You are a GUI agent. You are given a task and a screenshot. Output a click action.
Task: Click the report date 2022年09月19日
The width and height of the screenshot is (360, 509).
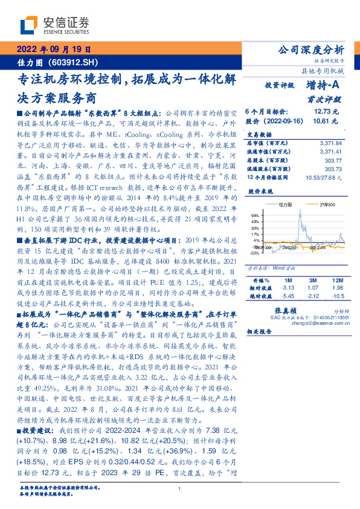[x=53, y=50]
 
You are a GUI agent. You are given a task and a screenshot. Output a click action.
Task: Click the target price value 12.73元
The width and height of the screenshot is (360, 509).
[x=326, y=112]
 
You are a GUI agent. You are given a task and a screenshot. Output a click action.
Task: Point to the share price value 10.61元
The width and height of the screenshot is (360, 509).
[x=326, y=121]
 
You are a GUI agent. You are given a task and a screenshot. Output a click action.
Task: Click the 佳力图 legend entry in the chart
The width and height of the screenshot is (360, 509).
[x=288, y=206]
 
